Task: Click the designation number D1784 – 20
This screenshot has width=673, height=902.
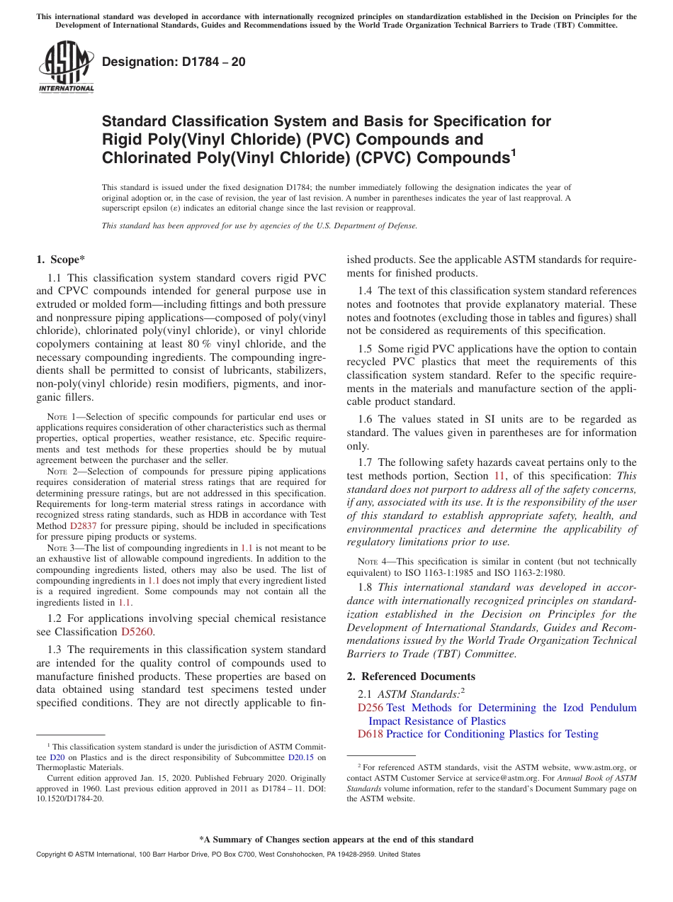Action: pyautogui.click(x=174, y=62)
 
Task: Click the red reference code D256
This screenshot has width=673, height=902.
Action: pyautogui.click(x=370, y=708)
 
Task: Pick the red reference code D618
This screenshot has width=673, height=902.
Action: pyautogui.click(x=370, y=734)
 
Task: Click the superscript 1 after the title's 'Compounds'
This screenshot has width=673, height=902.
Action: pyautogui.click(x=514, y=151)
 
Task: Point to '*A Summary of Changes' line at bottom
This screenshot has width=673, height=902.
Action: pyautogui.click(x=336, y=840)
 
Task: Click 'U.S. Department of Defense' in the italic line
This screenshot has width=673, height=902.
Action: pyautogui.click(x=363, y=225)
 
